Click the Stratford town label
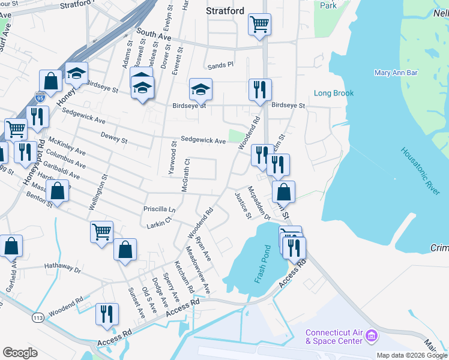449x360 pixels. coord(225,11)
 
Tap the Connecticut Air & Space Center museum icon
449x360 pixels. coord(372,337)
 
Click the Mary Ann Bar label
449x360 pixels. coord(396,73)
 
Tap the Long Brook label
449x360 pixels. coord(334,93)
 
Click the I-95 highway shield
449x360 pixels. coord(41,95)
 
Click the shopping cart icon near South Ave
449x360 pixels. coord(260,25)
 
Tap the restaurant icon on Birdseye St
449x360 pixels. coord(260,89)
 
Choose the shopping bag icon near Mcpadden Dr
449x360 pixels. coord(284,192)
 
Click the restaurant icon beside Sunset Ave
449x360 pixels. coord(107,314)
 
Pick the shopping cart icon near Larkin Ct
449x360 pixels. coord(101,231)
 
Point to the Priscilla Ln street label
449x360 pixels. coord(159,210)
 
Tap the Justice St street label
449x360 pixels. coord(242,206)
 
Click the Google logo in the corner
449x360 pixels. coord(20,353)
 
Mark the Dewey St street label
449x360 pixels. coord(114,139)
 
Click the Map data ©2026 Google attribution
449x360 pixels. coord(412,355)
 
